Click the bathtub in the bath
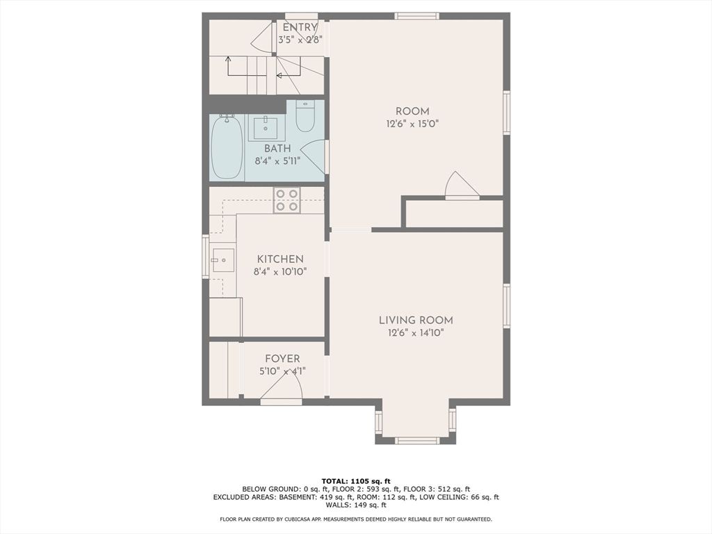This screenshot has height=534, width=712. pyautogui.click(x=227, y=147)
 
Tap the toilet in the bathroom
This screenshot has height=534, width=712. pyautogui.click(x=305, y=116)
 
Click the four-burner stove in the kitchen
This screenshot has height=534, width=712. pyautogui.click(x=286, y=200)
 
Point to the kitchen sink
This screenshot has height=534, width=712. pyautogui.click(x=223, y=259)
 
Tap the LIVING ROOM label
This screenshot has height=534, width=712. pyautogui.click(x=416, y=320)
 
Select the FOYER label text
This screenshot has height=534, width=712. pyautogui.click(x=283, y=359)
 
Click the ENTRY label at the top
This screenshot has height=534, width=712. pyautogui.click(x=300, y=28)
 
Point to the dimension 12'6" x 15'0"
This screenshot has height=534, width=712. pyautogui.click(x=412, y=124)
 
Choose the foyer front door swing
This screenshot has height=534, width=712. pyautogui.click(x=282, y=389)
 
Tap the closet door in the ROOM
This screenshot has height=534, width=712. pyautogui.click(x=460, y=186)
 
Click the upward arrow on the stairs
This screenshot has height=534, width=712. pyautogui.click(x=228, y=59)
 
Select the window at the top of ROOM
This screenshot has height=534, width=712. pyautogui.click(x=416, y=16)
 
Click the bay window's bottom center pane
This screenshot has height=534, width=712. pyautogui.click(x=416, y=440)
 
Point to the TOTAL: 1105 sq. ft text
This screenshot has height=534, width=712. pyautogui.click(x=356, y=481)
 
